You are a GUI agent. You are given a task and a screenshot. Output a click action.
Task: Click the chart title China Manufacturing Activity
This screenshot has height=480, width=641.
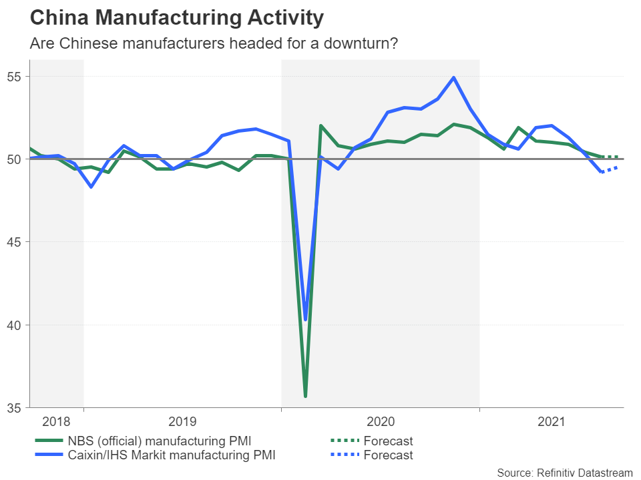click(177, 18)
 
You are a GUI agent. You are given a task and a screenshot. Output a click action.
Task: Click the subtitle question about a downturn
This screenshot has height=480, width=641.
click(213, 43)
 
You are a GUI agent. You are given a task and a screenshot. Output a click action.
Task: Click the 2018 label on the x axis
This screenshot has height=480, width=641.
click(55, 421)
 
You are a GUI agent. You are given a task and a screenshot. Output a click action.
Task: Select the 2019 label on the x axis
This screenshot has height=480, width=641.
click(182, 421)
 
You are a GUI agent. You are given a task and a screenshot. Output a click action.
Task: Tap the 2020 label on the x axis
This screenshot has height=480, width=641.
click(381, 421)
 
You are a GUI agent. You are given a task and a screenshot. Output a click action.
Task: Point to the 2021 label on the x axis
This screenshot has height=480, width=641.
click(552, 421)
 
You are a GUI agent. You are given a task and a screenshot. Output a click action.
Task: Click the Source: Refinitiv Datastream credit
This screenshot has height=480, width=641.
click(565, 472)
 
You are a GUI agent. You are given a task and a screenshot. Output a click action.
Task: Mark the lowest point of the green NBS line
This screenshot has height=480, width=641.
click(305, 397)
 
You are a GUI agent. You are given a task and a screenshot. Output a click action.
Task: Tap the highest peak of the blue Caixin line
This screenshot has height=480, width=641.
click(454, 77)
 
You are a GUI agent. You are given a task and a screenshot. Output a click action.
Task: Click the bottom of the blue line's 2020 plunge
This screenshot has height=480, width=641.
click(305, 319)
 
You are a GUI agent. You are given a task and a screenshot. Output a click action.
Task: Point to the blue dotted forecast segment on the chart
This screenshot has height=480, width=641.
click(610, 169)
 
